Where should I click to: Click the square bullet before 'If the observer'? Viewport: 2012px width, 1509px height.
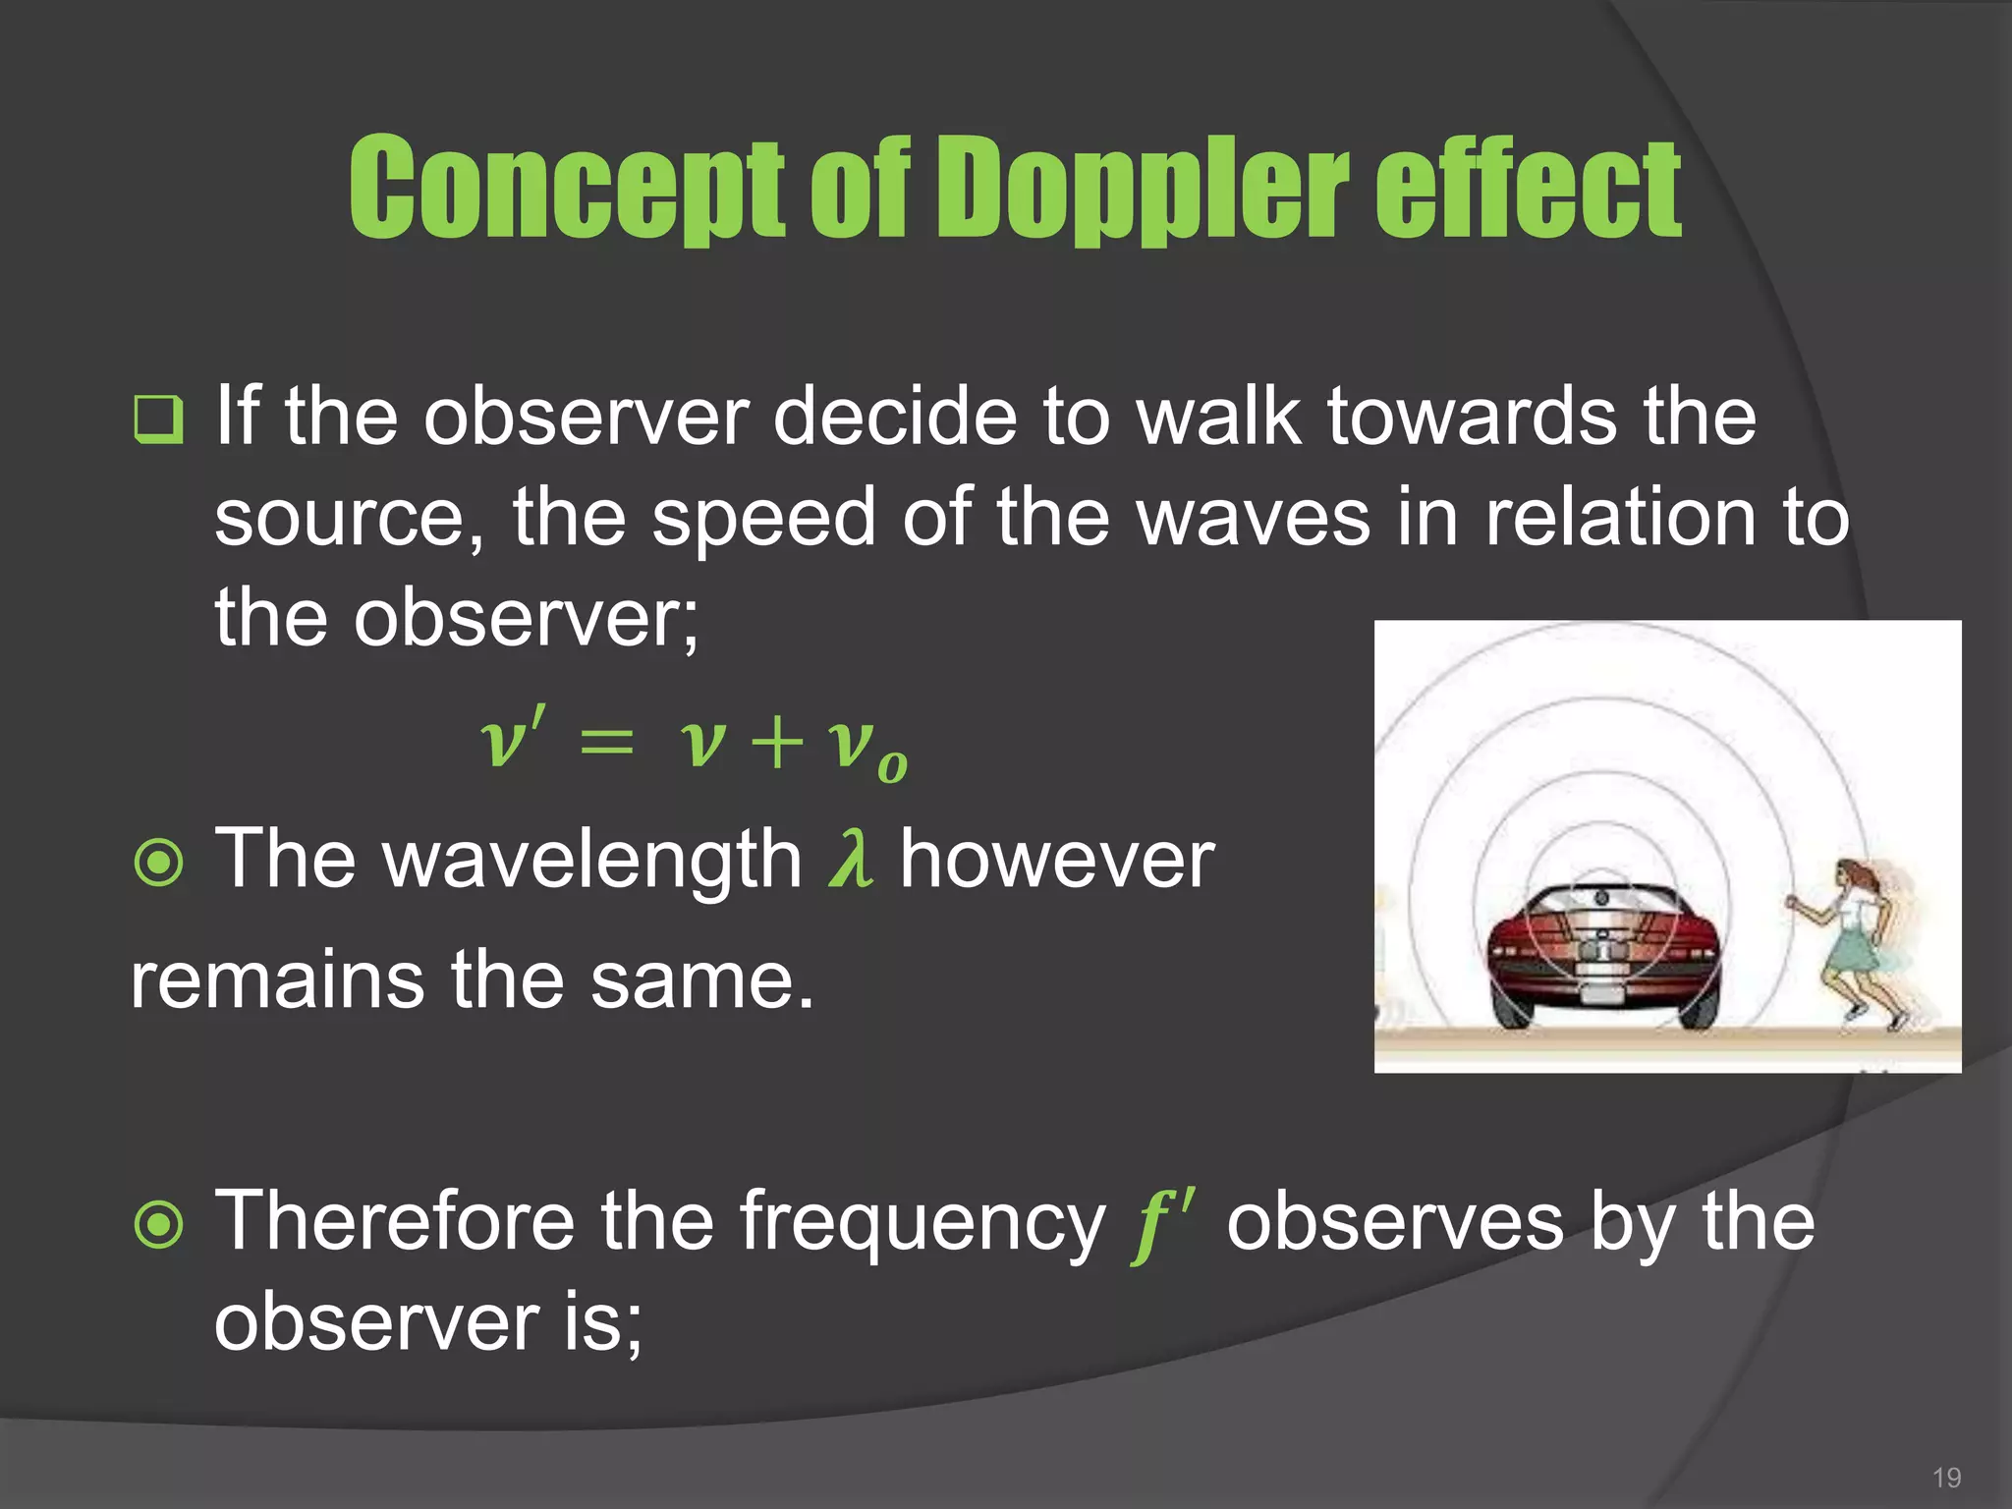[158, 419]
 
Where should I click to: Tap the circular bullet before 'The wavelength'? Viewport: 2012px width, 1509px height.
[158, 863]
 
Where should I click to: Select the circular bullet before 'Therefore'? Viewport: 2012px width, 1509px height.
[158, 1224]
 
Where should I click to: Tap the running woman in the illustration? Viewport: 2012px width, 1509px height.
[1852, 943]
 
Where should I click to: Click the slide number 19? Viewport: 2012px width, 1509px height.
[1945, 1478]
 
